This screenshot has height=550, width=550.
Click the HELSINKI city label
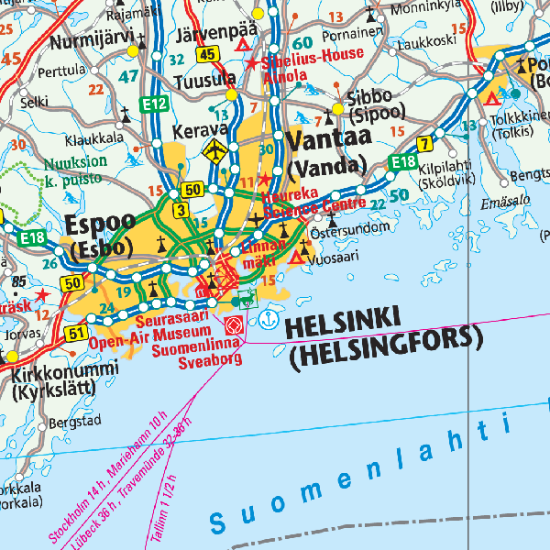click(344, 322)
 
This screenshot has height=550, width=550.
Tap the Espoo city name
click(100, 225)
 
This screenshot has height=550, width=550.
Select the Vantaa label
click(325, 141)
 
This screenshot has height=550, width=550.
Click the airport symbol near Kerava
click(215, 150)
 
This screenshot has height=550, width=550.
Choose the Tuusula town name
click(205, 80)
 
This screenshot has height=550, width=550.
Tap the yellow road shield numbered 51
click(75, 334)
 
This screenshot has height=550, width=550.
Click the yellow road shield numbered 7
click(424, 143)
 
